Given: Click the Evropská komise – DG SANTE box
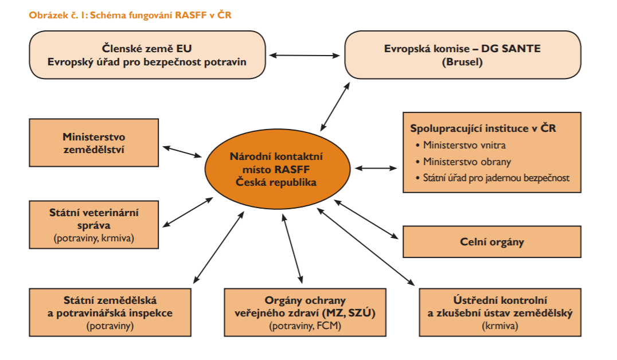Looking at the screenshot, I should click(x=462, y=55).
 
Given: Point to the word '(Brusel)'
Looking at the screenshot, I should click(x=462, y=62).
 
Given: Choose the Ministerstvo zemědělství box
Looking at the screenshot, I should click(x=93, y=143).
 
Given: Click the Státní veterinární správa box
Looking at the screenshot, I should click(x=93, y=224).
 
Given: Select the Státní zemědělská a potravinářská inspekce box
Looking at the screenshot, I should click(x=110, y=312).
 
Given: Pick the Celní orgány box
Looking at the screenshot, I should click(x=492, y=241).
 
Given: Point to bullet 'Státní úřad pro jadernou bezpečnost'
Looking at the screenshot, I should click(x=496, y=178).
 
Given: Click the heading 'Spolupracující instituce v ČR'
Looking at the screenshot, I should click(x=483, y=128).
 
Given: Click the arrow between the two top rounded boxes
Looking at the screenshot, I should click(x=304, y=55).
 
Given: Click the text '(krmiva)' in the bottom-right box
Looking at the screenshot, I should click(x=499, y=326).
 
